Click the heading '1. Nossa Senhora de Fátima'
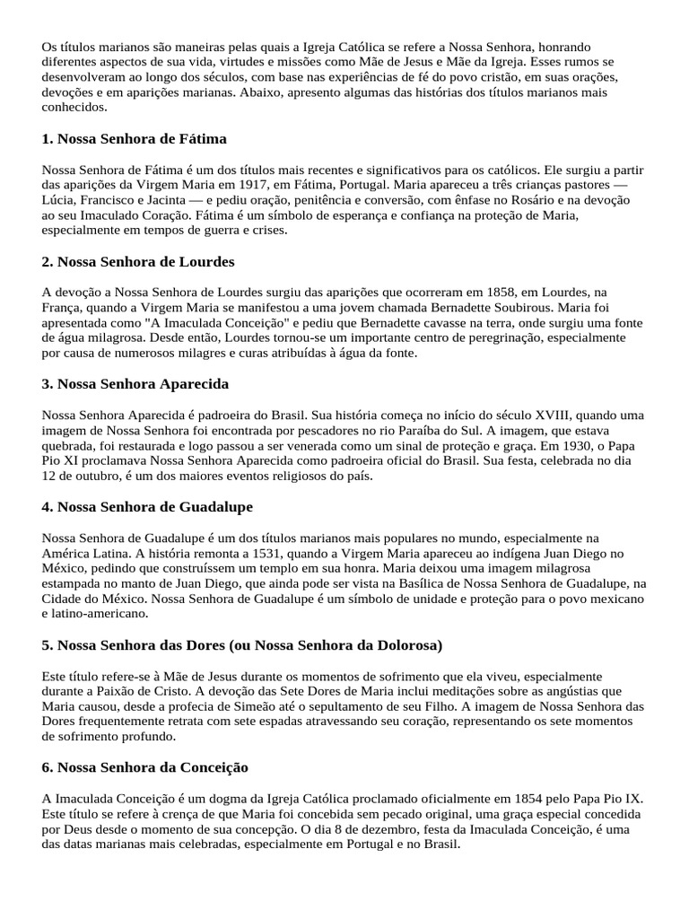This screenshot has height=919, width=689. (134, 139)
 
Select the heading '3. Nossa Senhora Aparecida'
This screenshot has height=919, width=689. (135, 384)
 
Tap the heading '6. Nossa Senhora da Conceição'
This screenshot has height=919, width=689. (144, 768)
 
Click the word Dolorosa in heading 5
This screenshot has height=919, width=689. (396, 645)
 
